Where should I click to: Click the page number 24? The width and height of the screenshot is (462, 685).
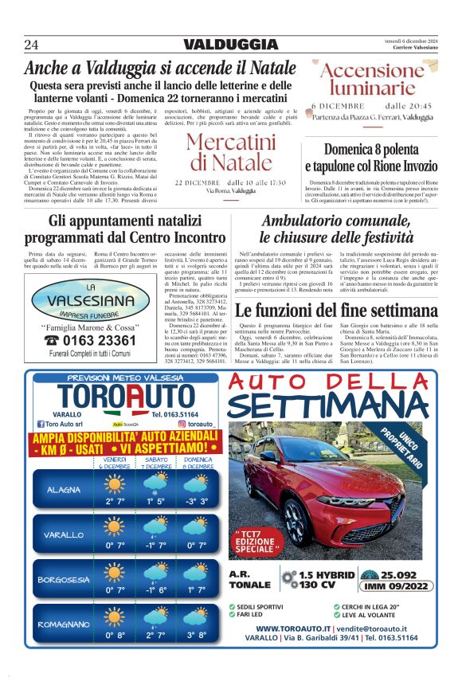32,44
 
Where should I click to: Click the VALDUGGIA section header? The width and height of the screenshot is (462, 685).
230,45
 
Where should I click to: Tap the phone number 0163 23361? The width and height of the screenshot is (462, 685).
92,340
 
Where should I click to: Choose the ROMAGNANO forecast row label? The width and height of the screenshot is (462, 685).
64,624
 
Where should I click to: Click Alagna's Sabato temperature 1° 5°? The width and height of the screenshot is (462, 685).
155,501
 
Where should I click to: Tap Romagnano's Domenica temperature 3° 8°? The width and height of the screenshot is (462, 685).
196,636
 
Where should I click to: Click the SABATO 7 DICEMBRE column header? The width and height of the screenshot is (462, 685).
155,463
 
